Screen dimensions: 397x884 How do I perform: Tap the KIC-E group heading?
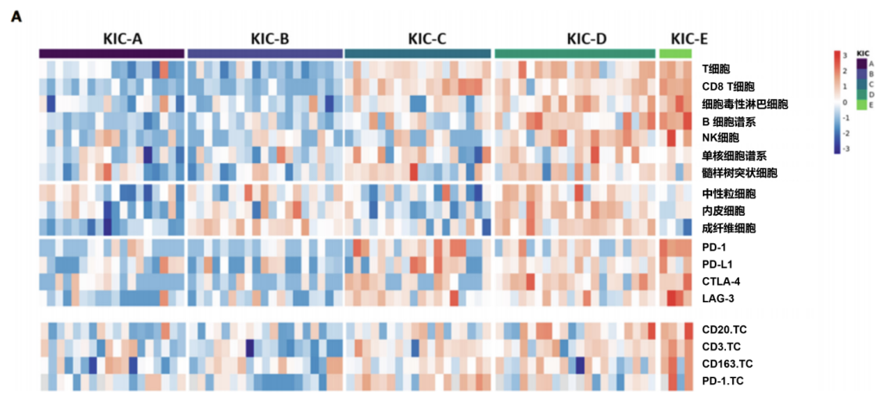(x=689, y=38)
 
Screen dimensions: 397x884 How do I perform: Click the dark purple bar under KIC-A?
(x=112, y=54)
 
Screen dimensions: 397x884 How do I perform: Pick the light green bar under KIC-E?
(x=675, y=54)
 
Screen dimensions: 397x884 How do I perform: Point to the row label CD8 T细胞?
(x=729, y=86)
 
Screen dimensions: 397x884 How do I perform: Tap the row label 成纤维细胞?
(x=729, y=229)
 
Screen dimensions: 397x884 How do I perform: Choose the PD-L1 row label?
(x=718, y=264)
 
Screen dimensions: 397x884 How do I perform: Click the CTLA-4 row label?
(x=721, y=281)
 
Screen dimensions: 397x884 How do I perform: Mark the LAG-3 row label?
(x=718, y=299)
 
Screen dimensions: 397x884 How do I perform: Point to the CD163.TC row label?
(x=728, y=363)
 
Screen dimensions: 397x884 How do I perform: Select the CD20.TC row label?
(x=724, y=330)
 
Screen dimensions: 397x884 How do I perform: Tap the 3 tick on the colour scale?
(x=844, y=55)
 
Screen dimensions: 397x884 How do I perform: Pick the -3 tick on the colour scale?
(x=845, y=148)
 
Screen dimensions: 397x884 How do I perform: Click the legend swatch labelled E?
(x=862, y=104)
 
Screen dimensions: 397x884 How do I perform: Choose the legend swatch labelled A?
(x=862, y=63)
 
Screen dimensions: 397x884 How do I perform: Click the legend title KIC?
(x=862, y=54)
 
